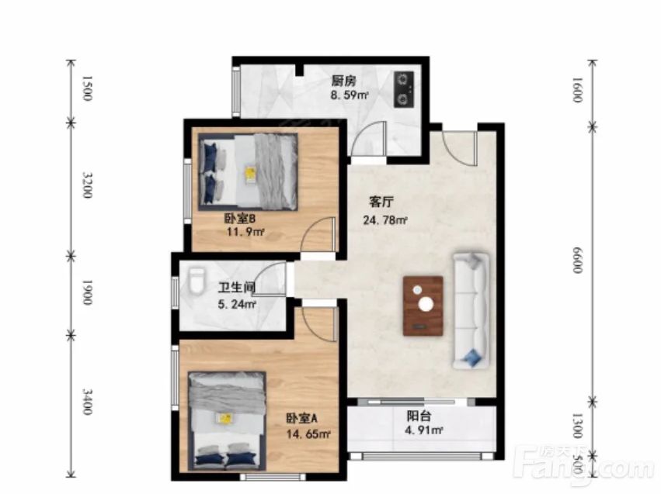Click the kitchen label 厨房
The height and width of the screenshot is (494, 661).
(x=344, y=81)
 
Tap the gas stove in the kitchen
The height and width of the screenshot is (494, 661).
(x=404, y=88)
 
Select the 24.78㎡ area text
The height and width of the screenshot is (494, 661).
(x=385, y=219)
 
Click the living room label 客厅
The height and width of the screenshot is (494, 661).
(x=381, y=202)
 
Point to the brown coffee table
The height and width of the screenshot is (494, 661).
(x=423, y=306)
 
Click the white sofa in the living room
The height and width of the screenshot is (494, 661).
(x=471, y=310)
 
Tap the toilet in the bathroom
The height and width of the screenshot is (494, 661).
(x=197, y=281)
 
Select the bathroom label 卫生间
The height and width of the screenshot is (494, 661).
(x=237, y=288)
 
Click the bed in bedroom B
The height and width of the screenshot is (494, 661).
(x=248, y=171)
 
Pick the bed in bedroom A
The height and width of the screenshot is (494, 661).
(x=227, y=421)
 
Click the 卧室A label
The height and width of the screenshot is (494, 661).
(x=302, y=418)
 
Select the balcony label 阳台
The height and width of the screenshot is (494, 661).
(x=419, y=416)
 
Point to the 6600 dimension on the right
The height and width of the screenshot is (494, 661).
(x=578, y=260)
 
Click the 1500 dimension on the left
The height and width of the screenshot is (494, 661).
(x=86, y=88)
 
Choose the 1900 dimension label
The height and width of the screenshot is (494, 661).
(x=86, y=292)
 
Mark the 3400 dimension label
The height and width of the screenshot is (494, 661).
(x=86, y=402)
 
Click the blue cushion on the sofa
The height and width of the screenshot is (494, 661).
(x=472, y=358)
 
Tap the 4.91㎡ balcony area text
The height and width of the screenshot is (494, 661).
(x=423, y=430)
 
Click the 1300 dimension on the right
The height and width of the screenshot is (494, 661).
(x=578, y=426)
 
